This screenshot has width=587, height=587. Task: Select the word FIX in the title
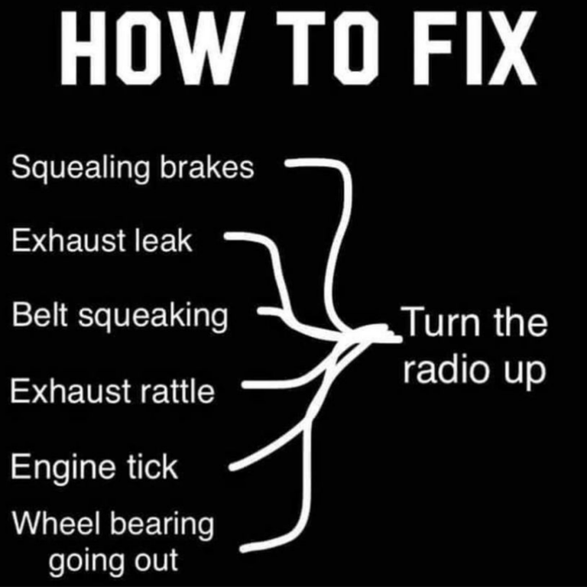click(x=475, y=47)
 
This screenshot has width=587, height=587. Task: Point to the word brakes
click(x=207, y=167)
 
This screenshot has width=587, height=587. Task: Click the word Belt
click(x=40, y=314)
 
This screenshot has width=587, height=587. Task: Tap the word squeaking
click(x=153, y=317)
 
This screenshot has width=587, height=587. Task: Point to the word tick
click(x=151, y=466)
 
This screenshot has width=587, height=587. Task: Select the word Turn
click(x=440, y=322)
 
